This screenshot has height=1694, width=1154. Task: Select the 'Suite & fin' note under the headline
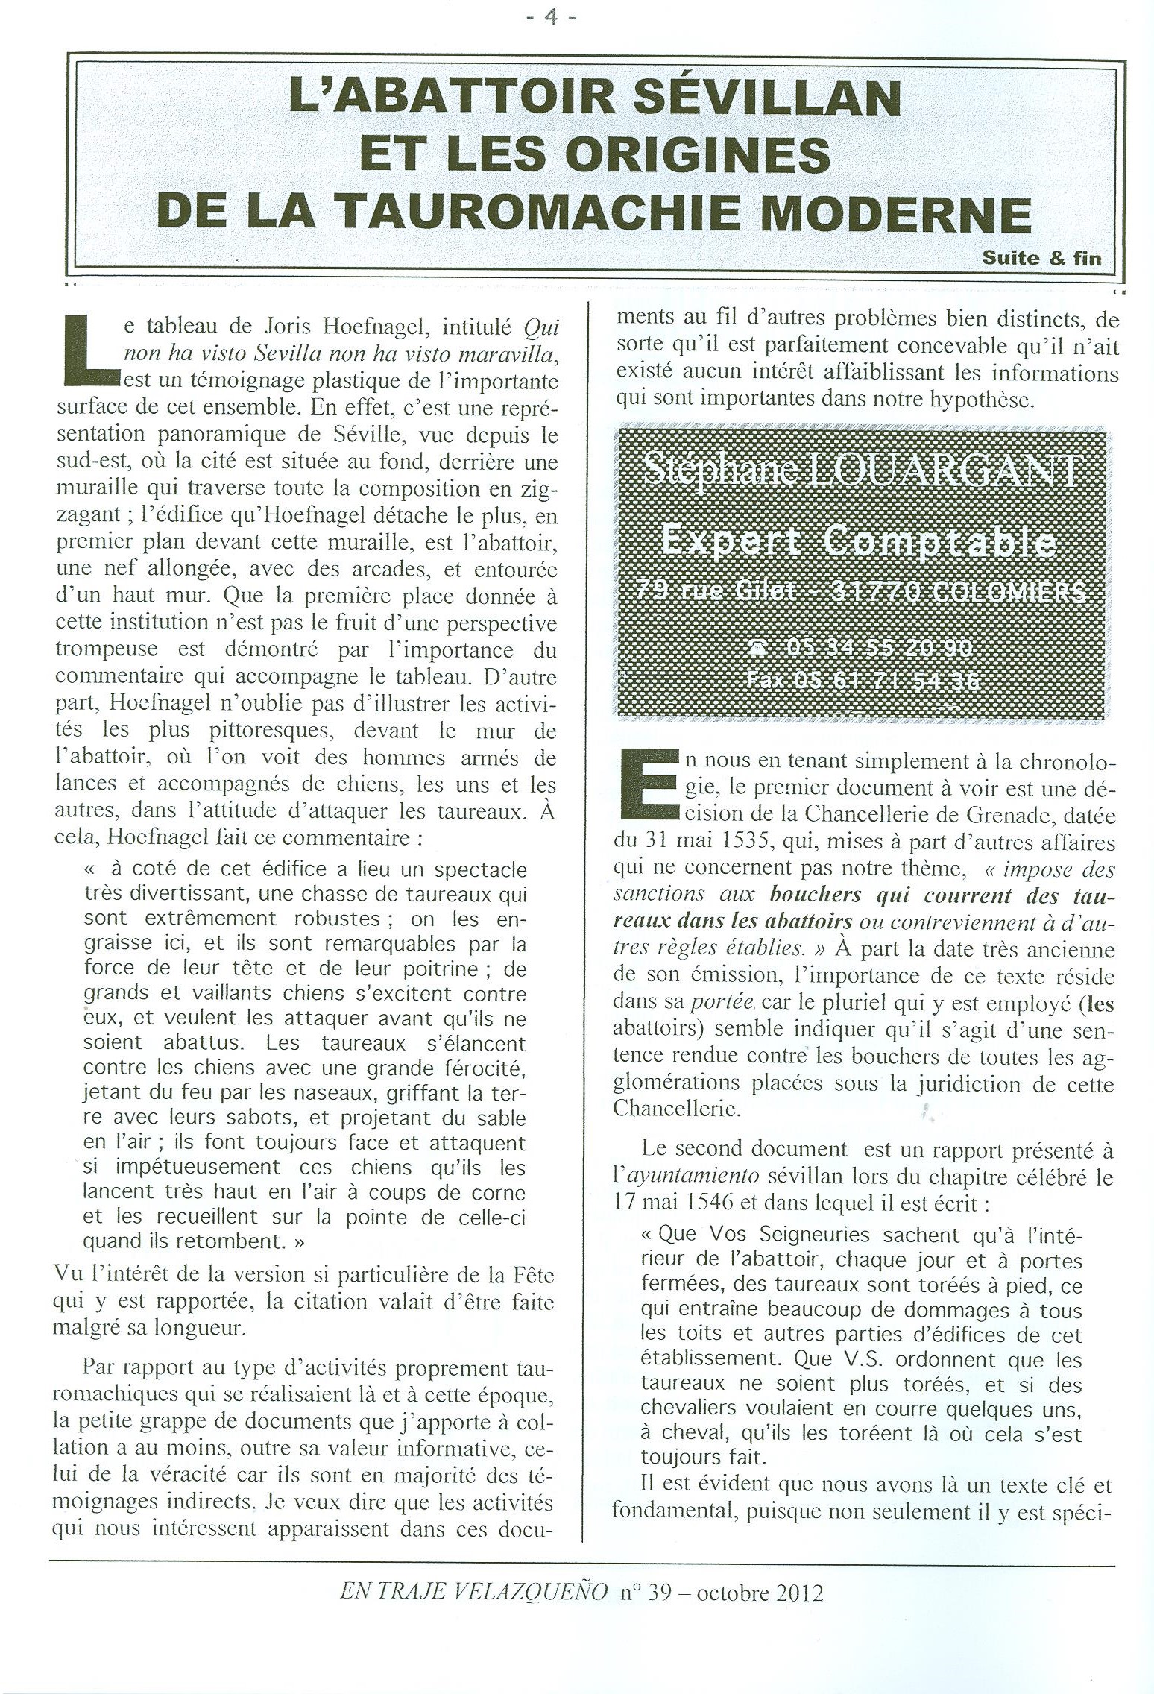tap(1041, 259)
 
